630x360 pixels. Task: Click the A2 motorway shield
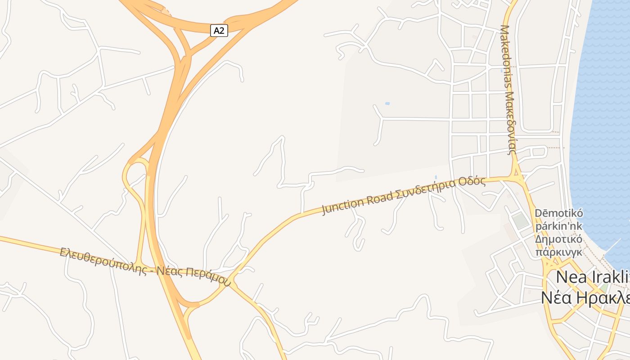[219, 31]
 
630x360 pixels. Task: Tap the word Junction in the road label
[342, 205]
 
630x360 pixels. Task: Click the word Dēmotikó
[558, 213]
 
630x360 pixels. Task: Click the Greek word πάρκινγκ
[559, 252]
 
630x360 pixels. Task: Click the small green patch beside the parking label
[521, 220]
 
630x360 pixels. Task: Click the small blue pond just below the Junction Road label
[436, 177]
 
